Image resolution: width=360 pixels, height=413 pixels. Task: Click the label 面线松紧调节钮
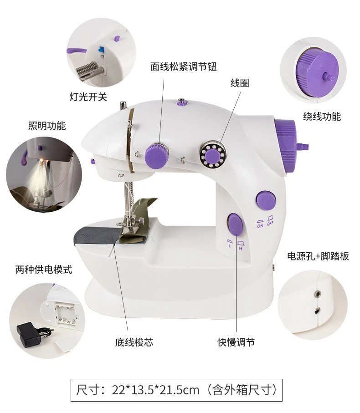[x=184, y=66]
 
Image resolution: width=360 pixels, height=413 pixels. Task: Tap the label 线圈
[x=240, y=83]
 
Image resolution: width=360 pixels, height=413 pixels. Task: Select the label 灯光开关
[x=88, y=97]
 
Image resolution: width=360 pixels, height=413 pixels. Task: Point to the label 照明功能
[x=47, y=126]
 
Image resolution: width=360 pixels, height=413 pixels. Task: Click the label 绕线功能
[x=322, y=116]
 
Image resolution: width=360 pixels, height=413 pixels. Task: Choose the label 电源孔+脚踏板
[x=318, y=256]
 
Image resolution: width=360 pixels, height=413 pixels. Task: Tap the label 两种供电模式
[x=44, y=270]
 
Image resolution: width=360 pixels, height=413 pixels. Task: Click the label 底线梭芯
[x=134, y=342]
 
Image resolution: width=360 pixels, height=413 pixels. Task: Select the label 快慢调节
[x=236, y=342]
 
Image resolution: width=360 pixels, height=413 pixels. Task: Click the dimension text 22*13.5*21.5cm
[x=155, y=390]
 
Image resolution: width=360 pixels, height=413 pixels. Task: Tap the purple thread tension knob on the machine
[x=156, y=155]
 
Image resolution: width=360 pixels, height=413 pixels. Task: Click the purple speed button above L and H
[x=235, y=224]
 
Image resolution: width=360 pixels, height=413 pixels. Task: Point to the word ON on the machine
[x=260, y=226]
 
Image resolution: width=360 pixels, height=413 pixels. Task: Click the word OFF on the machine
[x=270, y=224]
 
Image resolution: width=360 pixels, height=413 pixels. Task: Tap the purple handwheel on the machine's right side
[x=285, y=148]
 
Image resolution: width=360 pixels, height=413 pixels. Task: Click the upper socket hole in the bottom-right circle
[x=318, y=293]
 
